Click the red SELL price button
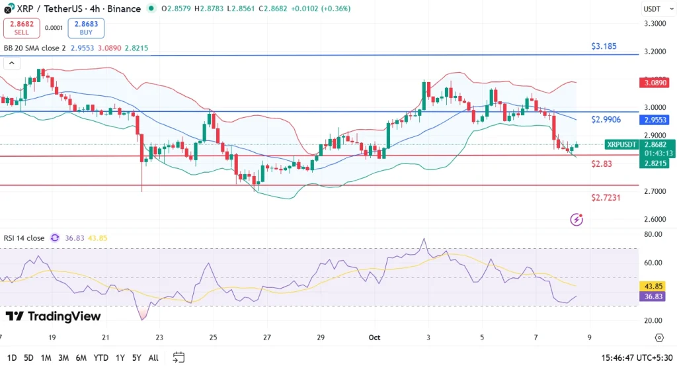point(20,28)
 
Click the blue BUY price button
point(86,28)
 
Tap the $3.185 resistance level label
point(604,47)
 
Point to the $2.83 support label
point(602,163)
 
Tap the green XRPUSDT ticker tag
point(621,144)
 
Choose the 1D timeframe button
point(11,357)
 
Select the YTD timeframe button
point(101,357)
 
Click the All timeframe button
point(153,357)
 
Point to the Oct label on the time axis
point(374,337)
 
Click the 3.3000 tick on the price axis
point(655,23)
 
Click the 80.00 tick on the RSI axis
point(655,234)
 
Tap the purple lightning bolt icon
point(577,219)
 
